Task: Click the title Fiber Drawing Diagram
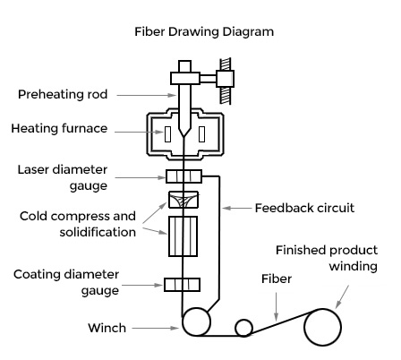tap(204, 31)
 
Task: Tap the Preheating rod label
tap(63, 94)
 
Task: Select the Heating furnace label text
tap(59, 128)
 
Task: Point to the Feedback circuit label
tap(304, 208)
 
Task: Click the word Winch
tap(107, 328)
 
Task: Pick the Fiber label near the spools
tap(277, 279)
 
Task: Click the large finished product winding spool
tap(322, 327)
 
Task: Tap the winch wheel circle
tap(196, 321)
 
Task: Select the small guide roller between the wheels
tap(243, 328)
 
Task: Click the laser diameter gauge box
tap(183, 176)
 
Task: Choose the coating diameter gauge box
tap(182, 285)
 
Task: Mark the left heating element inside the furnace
tap(167, 134)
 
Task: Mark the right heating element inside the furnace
tap(201, 134)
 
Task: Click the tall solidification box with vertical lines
tap(183, 236)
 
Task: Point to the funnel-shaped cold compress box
tap(183, 200)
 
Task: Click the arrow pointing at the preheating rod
tap(147, 95)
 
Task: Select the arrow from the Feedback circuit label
tap(237, 208)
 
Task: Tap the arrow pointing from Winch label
tap(155, 328)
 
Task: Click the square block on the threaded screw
tap(226, 79)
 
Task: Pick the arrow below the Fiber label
tap(277, 306)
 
